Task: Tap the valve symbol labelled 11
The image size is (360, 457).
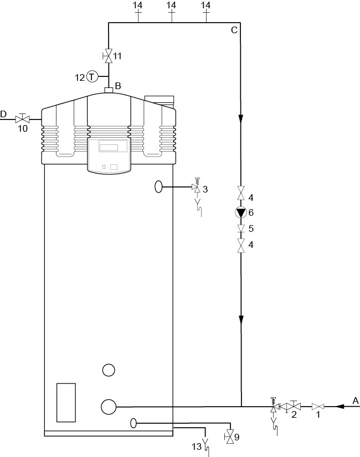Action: (109, 55)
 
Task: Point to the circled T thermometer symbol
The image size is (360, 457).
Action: (91, 77)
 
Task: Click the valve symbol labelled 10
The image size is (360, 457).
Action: (22, 118)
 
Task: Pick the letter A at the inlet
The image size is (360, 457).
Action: (356, 400)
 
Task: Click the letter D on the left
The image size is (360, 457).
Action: (3, 114)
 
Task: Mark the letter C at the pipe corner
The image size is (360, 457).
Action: (234, 30)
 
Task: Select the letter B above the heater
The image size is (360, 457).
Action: (117, 85)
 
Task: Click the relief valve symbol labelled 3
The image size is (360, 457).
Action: (196, 188)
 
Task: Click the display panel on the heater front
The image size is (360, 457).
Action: (113, 147)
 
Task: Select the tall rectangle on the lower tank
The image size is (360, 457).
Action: (66, 402)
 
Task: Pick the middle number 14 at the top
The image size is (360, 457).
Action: (171, 5)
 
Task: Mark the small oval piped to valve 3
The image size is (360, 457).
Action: (159, 187)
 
